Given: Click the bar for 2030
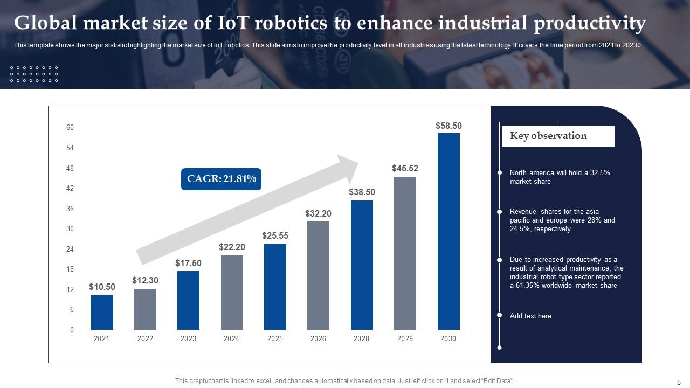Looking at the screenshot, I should click(448, 231).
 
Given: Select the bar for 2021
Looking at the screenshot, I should click(102, 312).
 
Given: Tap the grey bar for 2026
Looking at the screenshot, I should click(318, 275).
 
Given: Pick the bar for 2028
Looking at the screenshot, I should click(362, 265).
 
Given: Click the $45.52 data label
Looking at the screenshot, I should click(405, 168).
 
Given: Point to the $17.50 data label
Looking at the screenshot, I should click(188, 263).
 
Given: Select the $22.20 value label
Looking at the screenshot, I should click(232, 247).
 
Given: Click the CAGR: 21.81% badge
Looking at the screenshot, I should click(221, 179).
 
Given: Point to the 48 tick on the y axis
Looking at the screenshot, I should click(70, 168).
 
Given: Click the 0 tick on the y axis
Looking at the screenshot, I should click(72, 330).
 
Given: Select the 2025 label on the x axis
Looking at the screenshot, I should click(275, 338).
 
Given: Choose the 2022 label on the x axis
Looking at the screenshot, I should click(145, 338).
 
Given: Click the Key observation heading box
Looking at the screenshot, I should click(558, 136).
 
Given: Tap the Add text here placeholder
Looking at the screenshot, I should click(530, 316).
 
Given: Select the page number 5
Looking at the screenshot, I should click(679, 382).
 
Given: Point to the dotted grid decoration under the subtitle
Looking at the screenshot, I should click(34, 74).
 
